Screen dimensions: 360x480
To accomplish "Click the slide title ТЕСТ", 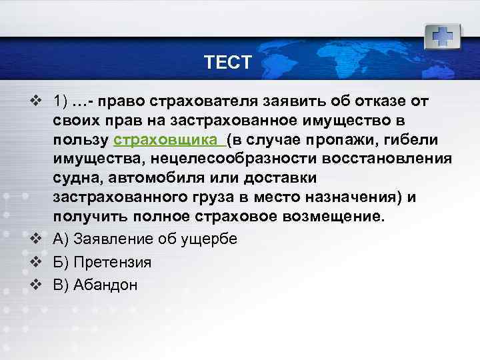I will [228, 63].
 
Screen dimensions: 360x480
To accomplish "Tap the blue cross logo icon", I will [442, 35].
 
